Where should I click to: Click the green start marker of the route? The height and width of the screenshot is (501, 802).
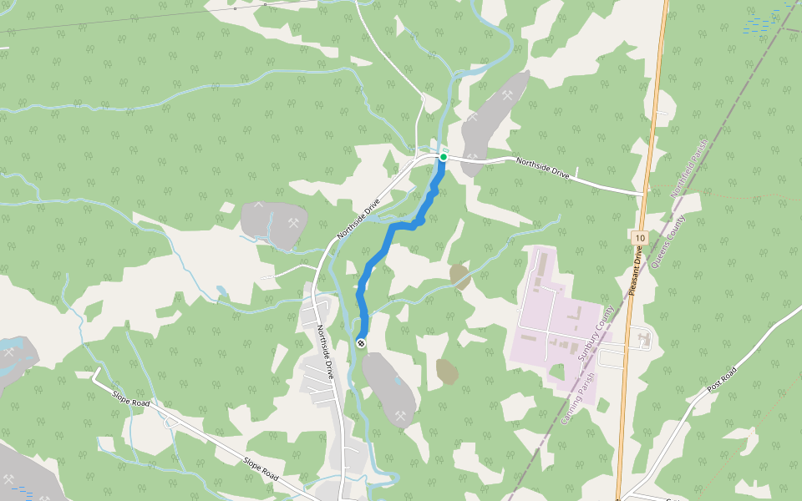(444, 157)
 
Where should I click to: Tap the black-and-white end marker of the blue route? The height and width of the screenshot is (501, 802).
(361, 343)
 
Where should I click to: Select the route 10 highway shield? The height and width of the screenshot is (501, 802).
(639, 238)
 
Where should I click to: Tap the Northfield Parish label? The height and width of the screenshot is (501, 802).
(690, 167)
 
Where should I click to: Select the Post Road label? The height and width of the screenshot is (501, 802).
(723, 380)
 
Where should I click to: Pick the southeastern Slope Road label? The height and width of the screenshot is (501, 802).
(260, 468)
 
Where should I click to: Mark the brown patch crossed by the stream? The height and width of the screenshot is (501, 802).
(459, 276)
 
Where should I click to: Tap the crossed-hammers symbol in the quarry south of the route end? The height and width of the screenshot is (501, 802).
(401, 415)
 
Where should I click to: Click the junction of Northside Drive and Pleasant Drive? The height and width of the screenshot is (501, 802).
(646, 194)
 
